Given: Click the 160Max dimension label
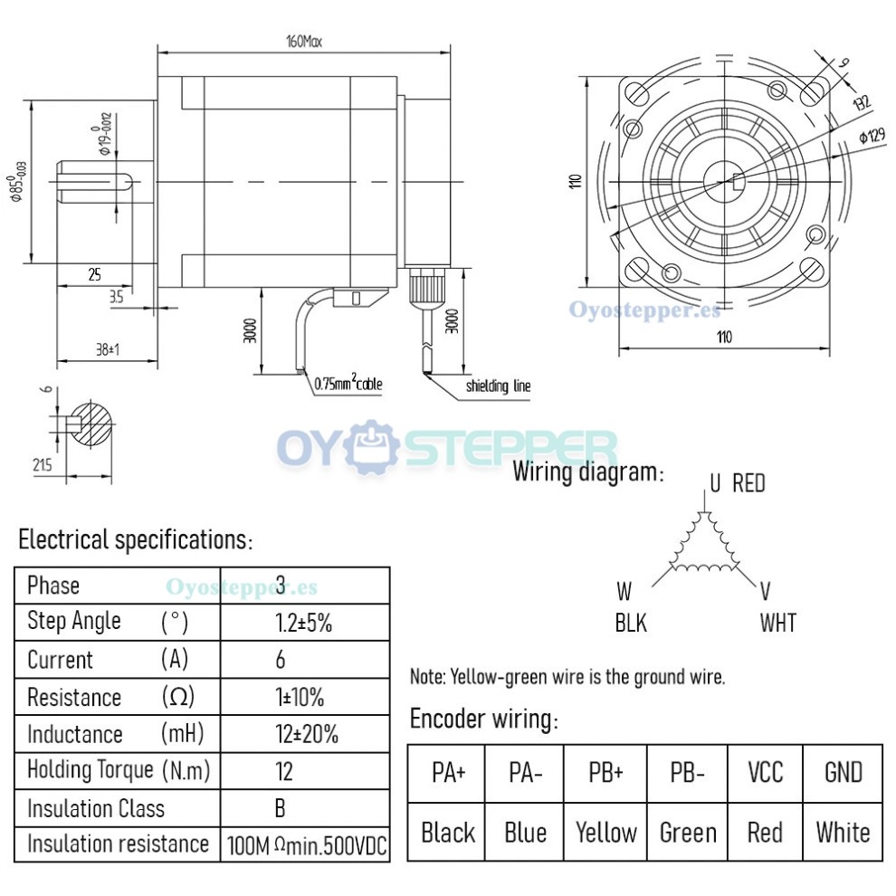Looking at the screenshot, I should (303, 41).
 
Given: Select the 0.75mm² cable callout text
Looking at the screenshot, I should (348, 384).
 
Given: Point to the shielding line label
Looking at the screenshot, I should (498, 386).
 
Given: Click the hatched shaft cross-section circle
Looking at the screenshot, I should (94, 423).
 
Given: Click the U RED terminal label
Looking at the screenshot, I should (737, 483).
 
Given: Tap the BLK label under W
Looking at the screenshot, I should (631, 623).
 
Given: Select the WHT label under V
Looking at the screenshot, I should (778, 623).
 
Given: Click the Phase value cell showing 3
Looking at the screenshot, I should (281, 586).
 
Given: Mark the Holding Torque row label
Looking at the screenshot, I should (91, 770).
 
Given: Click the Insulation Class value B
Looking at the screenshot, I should (281, 808).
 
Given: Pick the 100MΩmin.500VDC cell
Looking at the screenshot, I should (306, 845).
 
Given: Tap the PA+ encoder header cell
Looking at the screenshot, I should (448, 773).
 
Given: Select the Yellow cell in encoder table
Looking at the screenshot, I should (606, 832).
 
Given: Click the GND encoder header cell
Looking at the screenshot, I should (843, 773).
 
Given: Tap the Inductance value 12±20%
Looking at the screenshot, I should (306, 734).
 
